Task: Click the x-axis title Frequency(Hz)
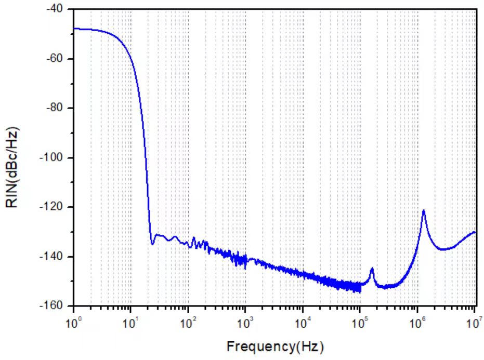tap(274, 345)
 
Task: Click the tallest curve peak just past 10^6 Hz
tap(424, 210)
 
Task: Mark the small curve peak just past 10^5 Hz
tap(372, 269)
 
